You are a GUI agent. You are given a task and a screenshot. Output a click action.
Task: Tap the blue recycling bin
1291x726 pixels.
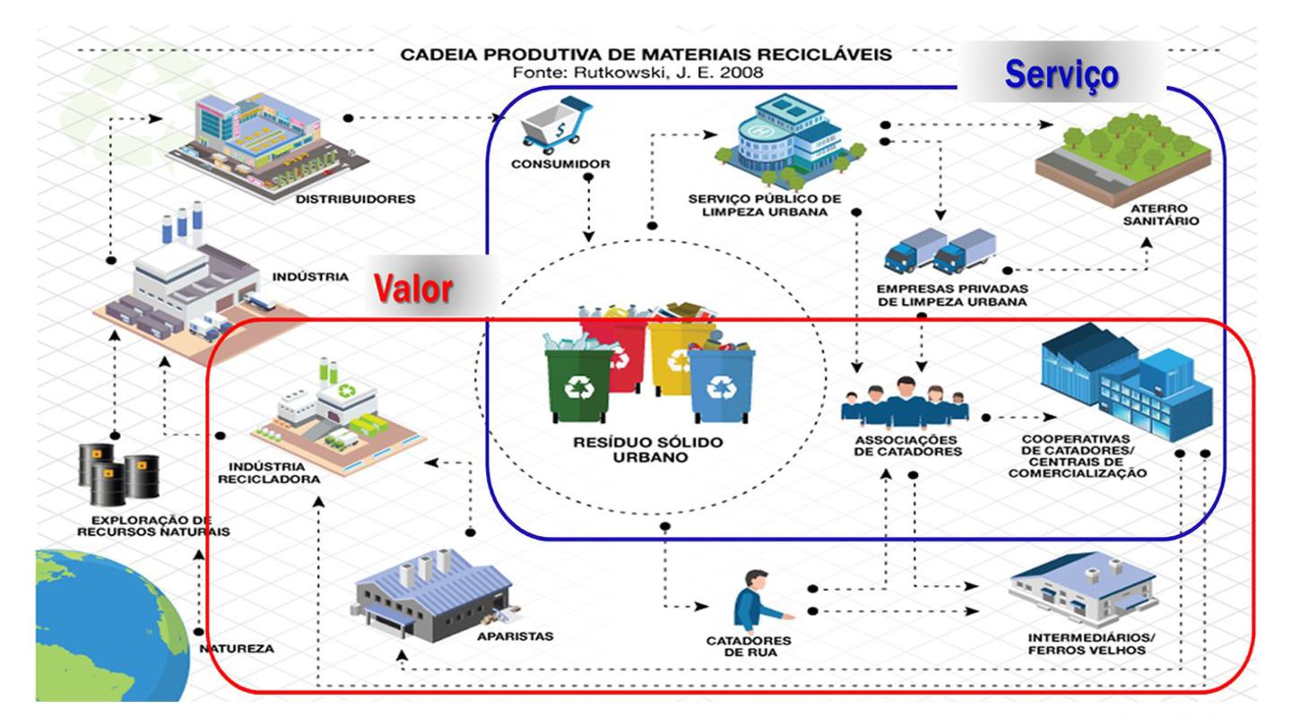pos(722,385)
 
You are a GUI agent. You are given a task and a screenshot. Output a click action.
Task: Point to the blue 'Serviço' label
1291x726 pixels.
pos(1061,73)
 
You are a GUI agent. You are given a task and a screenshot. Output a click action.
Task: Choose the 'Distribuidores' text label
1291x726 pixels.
pos(355,199)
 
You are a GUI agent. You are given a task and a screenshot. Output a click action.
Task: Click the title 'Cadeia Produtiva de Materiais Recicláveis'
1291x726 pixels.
pos(645,55)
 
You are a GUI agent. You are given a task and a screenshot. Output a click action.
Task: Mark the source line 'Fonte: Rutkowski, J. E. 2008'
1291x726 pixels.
pos(645,73)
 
